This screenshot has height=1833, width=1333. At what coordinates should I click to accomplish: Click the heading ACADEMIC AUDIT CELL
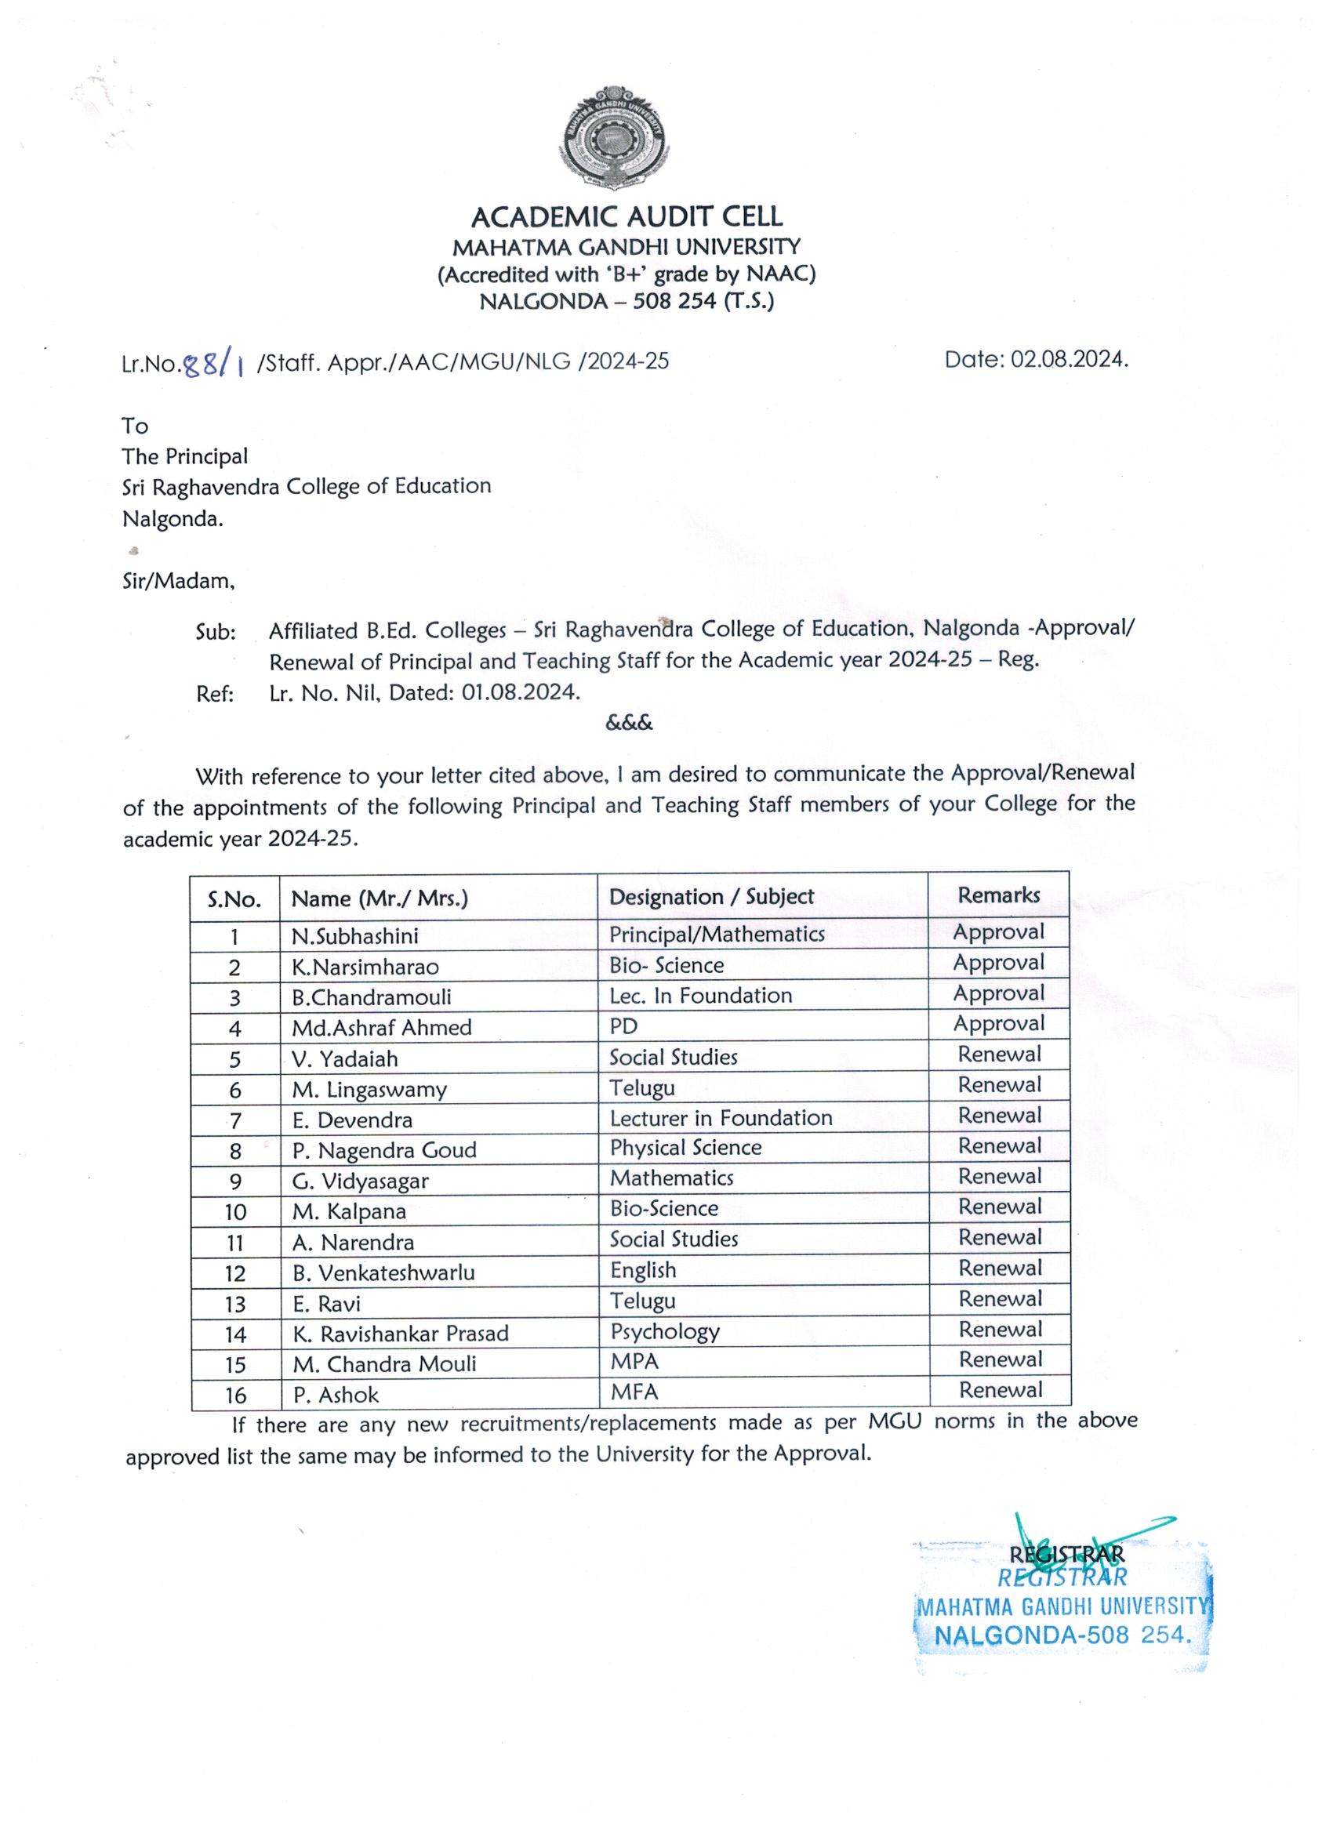click(627, 216)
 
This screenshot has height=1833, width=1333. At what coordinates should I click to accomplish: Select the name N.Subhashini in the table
click(355, 936)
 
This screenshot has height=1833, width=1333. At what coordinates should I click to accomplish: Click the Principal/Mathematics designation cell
click(716, 935)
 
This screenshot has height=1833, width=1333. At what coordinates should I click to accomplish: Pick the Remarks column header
click(998, 895)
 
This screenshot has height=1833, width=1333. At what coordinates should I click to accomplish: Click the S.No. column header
click(234, 899)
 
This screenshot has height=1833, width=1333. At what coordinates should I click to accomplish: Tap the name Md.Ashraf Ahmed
click(382, 1027)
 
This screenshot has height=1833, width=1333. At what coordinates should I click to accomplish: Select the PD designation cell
click(623, 1026)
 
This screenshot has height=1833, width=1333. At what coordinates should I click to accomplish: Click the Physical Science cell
click(685, 1148)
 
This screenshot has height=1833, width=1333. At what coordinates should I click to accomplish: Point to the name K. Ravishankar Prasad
click(400, 1334)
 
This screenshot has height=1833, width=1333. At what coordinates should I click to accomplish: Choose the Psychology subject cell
click(664, 1331)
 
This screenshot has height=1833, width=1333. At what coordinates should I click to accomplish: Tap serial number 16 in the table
click(235, 1396)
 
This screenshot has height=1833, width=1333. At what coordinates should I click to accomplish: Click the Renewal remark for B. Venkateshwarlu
click(1000, 1268)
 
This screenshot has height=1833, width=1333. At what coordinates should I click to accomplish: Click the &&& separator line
click(629, 723)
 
